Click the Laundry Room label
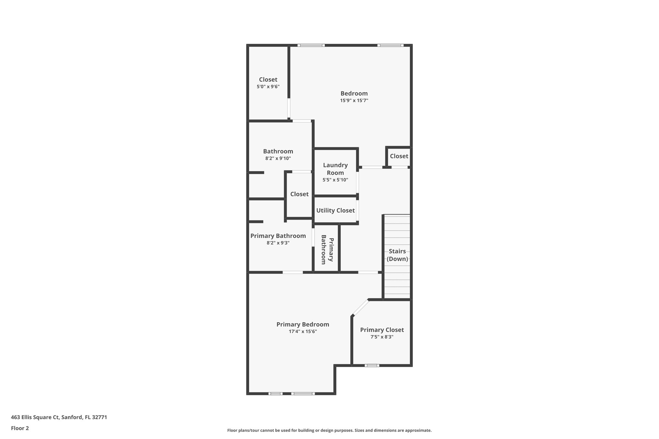click(x=335, y=169)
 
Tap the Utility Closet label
click(x=335, y=210)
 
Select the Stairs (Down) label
click(x=397, y=255)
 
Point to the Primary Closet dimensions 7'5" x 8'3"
click(x=382, y=337)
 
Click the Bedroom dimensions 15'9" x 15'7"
click(x=354, y=100)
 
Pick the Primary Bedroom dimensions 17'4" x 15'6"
click(x=303, y=332)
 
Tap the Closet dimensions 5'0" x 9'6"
click(x=268, y=87)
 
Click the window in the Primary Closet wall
click(x=372, y=365)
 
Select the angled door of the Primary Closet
click(x=360, y=307)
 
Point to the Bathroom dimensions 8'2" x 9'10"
click(x=278, y=158)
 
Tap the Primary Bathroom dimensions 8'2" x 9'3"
click(x=278, y=243)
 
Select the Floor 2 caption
click(x=20, y=428)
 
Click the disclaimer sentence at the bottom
click(x=329, y=430)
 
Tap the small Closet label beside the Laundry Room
click(x=299, y=194)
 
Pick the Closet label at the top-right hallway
click(x=399, y=156)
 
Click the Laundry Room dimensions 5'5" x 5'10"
click(x=335, y=180)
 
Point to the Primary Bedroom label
click(x=303, y=325)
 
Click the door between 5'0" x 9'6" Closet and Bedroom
click(x=289, y=108)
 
